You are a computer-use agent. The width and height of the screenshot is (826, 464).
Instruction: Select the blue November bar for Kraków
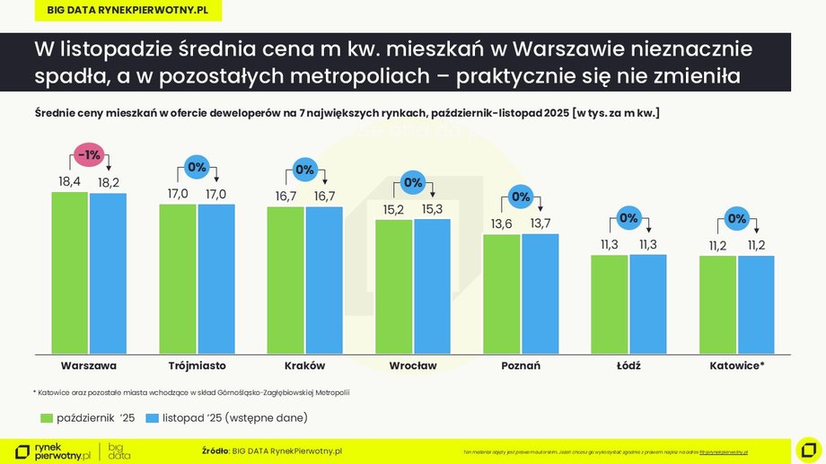(324, 279)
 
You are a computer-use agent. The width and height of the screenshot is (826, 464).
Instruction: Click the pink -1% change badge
(89, 155)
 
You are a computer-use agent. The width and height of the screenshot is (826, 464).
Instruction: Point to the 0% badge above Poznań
(521, 197)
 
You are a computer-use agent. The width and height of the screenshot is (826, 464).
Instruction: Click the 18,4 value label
(70, 181)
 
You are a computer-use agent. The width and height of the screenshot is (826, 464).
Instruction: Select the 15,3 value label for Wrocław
(432, 208)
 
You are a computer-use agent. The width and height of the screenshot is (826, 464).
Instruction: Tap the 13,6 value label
(501, 223)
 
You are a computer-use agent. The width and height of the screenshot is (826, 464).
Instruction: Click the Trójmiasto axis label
(197, 366)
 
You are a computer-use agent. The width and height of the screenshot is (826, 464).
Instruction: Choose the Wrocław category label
(413, 366)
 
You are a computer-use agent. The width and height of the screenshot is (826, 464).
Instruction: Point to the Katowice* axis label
(737, 366)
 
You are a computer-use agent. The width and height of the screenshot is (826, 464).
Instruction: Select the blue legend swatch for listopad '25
(152, 417)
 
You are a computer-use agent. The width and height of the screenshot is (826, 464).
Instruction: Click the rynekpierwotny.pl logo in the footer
(54, 451)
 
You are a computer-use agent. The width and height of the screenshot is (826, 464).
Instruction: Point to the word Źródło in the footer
(215, 451)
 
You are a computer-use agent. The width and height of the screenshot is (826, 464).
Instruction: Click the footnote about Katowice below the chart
(190, 392)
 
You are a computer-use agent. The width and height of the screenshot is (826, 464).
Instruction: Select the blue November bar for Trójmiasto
(216, 278)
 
